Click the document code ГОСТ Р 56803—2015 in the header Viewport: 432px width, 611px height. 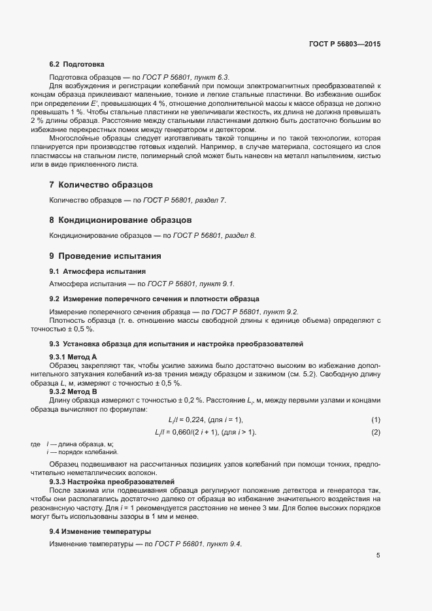tap(344, 44)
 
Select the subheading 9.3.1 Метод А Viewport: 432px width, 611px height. tap(73, 356)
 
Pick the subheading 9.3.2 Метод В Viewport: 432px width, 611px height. tap(73, 391)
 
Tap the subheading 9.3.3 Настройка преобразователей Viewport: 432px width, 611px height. tap(106, 482)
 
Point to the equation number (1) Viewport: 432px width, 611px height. tap(376, 420)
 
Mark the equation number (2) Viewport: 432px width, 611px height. tap(376, 433)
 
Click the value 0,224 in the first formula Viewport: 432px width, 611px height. tap(195, 420)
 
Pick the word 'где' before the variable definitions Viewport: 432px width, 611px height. tap(35, 444)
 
